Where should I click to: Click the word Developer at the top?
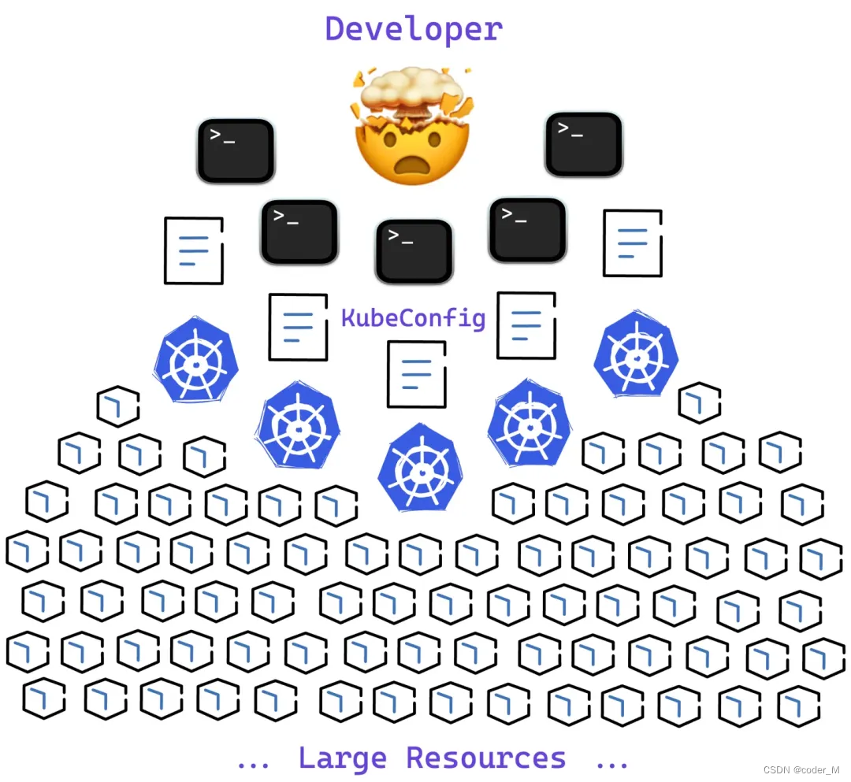pyautogui.click(x=414, y=29)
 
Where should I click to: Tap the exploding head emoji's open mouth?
pyautogui.click(x=411, y=165)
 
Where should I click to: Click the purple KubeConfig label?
pyautogui.click(x=413, y=318)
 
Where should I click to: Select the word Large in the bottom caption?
pyautogui.click(x=343, y=758)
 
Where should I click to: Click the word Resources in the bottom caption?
pyautogui.click(x=486, y=758)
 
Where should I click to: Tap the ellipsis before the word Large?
pyautogui.click(x=254, y=762)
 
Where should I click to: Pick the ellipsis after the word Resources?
pyautogui.click(x=611, y=762)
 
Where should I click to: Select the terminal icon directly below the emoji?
pyautogui.click(x=414, y=251)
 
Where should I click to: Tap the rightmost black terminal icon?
pyautogui.click(x=584, y=144)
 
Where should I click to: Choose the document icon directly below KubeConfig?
pyautogui.click(x=417, y=374)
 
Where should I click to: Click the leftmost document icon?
pyautogui.click(x=194, y=250)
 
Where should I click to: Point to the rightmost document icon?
pyautogui.click(x=633, y=243)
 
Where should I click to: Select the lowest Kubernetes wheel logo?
pyautogui.click(x=421, y=467)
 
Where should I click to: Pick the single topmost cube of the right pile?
pyautogui.click(x=700, y=402)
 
